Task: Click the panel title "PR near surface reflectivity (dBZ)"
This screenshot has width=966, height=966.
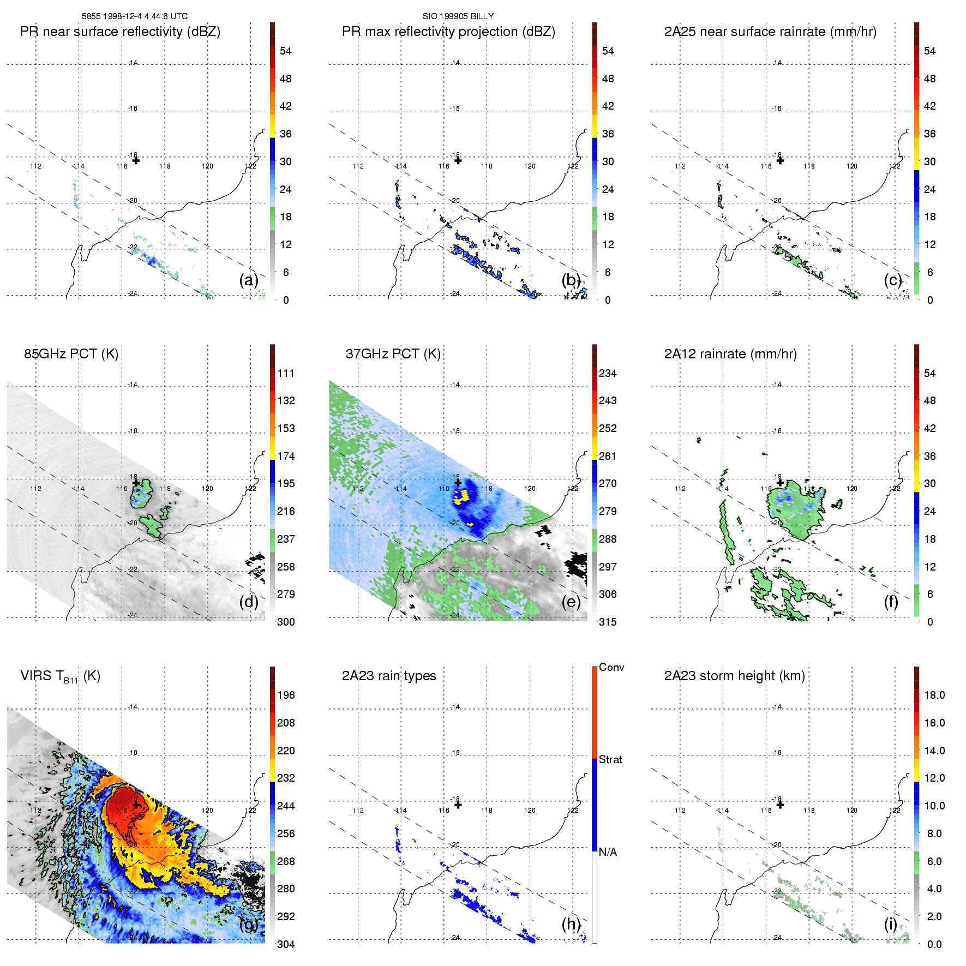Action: (x=120, y=32)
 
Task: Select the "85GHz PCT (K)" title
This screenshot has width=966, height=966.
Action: (x=71, y=354)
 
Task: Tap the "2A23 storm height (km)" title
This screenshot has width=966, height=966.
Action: (x=734, y=676)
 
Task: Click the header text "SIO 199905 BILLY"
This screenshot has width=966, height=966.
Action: (x=458, y=16)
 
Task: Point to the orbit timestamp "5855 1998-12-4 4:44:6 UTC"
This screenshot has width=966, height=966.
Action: (x=135, y=16)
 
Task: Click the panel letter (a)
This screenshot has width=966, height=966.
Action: (x=249, y=280)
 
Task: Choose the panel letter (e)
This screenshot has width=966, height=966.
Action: (x=571, y=602)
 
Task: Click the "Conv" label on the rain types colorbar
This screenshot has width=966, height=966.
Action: (x=611, y=668)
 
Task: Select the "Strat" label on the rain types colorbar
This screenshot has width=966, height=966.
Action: (x=610, y=760)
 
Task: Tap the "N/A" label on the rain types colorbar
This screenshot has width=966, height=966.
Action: (x=608, y=852)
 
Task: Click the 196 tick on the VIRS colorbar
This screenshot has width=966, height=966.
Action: (x=286, y=695)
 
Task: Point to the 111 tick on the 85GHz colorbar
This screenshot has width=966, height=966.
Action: (x=286, y=374)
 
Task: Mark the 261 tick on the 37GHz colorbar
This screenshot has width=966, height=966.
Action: (x=608, y=457)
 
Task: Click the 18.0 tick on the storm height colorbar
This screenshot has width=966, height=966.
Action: (x=934, y=695)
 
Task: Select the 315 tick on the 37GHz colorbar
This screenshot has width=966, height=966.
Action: (x=608, y=622)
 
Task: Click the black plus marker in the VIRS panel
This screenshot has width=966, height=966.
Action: (x=136, y=805)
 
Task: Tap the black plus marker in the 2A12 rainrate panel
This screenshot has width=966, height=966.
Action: (x=780, y=483)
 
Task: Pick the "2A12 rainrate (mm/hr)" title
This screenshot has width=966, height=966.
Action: (x=730, y=354)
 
